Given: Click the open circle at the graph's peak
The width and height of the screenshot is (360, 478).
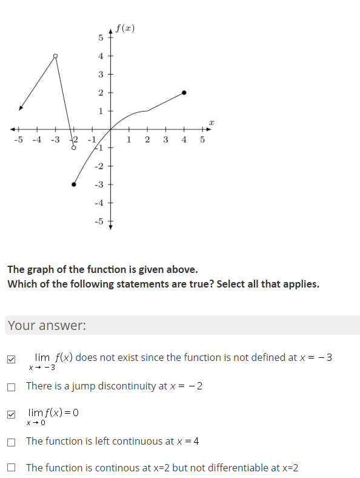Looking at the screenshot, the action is (56, 56).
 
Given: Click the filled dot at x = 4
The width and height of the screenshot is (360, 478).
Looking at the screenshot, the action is (184, 93).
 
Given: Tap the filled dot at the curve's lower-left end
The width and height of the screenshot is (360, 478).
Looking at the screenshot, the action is (74, 184).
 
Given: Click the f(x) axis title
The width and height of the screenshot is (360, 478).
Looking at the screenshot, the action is (125, 29).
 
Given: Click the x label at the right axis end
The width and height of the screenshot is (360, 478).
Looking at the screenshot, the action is (211, 123).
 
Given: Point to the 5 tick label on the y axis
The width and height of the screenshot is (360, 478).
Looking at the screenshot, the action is (101, 38).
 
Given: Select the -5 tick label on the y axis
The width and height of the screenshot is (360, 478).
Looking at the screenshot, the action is (99, 221).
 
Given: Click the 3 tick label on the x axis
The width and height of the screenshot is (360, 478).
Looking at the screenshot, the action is (165, 140).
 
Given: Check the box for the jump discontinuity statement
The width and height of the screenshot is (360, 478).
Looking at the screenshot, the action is (12, 387).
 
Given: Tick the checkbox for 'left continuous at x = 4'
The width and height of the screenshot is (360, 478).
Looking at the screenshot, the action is (12, 442).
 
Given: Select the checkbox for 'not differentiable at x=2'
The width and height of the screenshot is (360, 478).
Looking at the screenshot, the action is (12, 468).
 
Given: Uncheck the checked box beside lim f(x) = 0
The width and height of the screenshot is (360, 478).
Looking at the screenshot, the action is (12, 416).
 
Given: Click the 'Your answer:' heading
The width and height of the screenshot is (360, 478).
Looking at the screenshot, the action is (47, 326).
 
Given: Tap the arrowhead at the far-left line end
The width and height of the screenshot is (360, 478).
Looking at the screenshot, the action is (21, 109).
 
